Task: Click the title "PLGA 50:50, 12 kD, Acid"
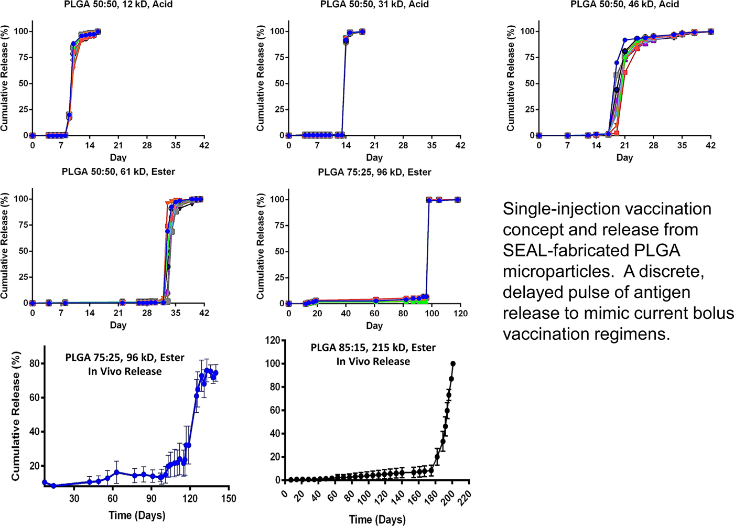point(118,5)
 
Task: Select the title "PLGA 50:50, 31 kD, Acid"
point(374,5)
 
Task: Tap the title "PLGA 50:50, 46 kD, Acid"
point(624,5)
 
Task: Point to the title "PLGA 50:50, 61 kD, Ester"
point(118,172)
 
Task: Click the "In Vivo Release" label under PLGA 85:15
point(373,361)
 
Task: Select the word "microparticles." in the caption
point(554,271)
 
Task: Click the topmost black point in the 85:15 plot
point(453,363)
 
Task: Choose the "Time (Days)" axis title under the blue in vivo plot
point(137,515)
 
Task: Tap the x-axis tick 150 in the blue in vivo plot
point(229,498)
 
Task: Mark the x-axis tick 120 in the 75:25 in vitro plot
point(460,314)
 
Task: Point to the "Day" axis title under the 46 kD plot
point(624,157)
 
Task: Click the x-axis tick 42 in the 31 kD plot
point(460,146)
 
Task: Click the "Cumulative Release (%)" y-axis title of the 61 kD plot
point(5,246)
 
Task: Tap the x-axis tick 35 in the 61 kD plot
point(176,314)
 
